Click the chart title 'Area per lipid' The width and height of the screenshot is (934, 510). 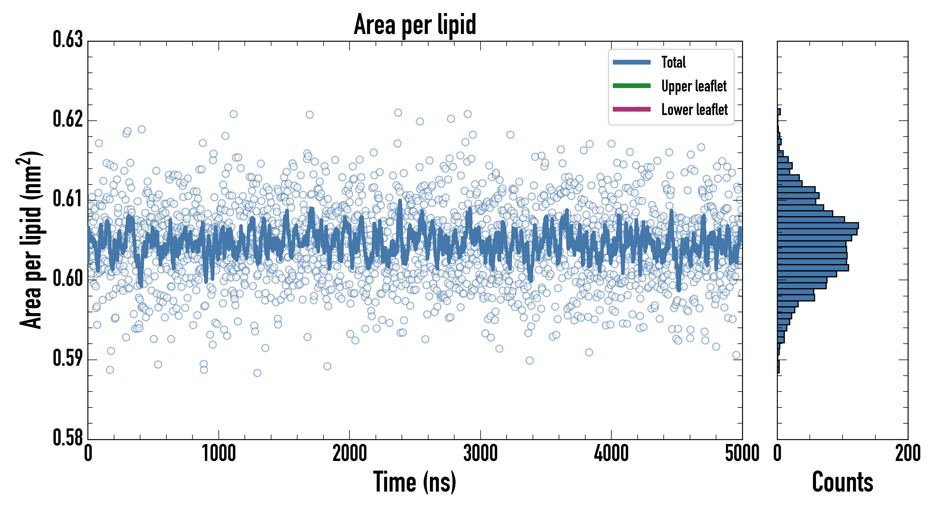415,24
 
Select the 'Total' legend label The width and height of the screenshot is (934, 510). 673,62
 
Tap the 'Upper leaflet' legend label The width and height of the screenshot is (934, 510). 694,86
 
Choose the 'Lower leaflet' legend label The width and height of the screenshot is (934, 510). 694,110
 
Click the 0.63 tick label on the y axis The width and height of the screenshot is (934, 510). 68,40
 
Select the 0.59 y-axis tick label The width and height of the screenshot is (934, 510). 68,358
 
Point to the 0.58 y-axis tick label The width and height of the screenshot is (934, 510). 68,437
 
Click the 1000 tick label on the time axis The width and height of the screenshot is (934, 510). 218,454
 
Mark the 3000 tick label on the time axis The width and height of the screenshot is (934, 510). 480,454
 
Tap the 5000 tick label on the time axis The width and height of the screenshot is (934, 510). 742,454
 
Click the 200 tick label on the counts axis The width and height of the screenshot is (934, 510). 907,454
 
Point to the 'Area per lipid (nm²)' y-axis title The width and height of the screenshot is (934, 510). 31,240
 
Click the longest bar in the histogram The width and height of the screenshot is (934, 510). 818,226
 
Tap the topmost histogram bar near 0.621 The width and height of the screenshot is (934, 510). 779,112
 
